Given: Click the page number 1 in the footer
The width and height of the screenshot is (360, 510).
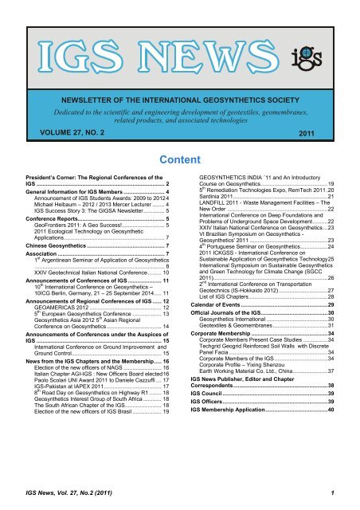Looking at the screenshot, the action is tap(341, 493).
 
